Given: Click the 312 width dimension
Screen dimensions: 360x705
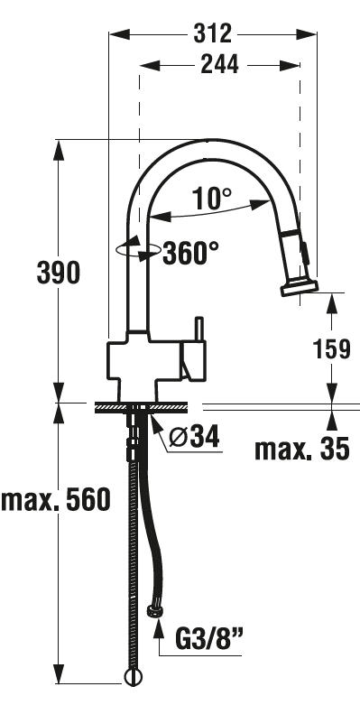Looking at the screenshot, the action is [x=212, y=33].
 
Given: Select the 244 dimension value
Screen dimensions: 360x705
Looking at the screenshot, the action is [x=220, y=65].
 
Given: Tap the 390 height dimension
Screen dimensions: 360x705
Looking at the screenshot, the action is [x=58, y=274].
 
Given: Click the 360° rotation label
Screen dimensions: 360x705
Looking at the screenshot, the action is [x=190, y=254].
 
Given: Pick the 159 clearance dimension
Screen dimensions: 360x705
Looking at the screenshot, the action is [x=332, y=349].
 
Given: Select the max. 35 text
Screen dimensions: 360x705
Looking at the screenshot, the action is [x=301, y=449].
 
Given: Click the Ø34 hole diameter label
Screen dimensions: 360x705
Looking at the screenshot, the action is [x=195, y=437].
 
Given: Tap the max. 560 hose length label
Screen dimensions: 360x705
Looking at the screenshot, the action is [x=56, y=499].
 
